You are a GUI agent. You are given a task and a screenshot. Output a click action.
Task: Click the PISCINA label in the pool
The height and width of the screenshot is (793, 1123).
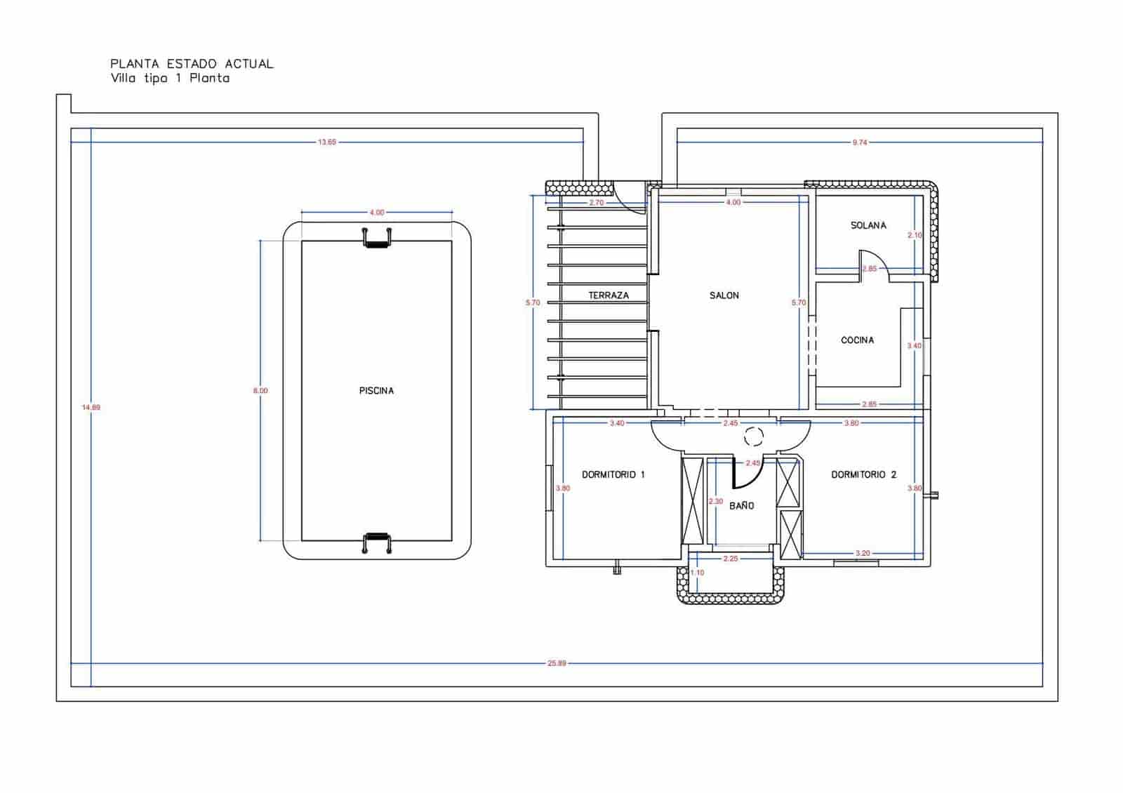point(376,391)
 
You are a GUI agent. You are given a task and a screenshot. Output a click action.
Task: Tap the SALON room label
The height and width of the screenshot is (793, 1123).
point(724,295)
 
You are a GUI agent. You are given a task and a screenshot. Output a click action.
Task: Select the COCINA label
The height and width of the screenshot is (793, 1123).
point(857,340)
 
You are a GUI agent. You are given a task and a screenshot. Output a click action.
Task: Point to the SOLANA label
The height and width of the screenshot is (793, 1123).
point(868,225)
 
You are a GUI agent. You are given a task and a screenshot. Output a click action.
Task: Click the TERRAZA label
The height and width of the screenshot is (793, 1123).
point(609,295)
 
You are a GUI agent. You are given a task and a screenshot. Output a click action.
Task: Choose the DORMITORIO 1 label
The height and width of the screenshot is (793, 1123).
point(613,475)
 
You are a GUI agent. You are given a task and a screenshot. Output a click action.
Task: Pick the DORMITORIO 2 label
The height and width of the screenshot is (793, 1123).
point(863,475)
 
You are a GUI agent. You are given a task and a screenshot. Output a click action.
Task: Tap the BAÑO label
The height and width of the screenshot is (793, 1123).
point(741,505)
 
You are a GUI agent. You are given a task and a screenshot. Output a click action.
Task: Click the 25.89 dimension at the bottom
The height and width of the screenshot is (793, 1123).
point(557,663)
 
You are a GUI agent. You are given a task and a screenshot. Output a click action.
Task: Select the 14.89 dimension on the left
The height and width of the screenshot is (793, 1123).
point(91,407)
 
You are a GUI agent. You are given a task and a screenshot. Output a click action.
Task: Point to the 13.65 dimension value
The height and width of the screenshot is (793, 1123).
point(327,142)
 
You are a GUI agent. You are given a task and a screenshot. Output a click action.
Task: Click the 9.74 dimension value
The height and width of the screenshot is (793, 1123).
point(860,142)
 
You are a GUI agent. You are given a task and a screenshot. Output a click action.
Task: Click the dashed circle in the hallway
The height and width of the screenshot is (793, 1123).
point(753,437)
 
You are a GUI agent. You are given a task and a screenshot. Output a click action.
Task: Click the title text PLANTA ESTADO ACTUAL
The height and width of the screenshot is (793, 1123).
point(192,64)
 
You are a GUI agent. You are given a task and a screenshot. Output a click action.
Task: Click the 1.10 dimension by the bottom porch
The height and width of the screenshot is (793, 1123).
point(697,573)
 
